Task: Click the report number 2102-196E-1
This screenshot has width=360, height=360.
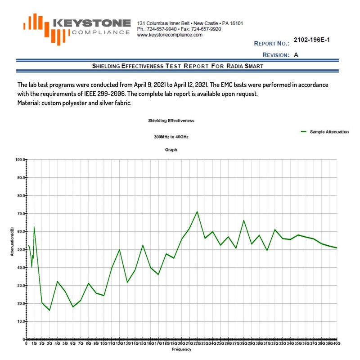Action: (311, 40)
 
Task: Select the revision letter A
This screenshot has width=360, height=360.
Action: (296, 54)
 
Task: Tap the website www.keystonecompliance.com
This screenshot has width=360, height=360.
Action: (169, 35)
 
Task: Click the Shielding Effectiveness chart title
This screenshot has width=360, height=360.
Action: (171, 121)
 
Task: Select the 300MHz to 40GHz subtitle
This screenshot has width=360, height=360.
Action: (171, 136)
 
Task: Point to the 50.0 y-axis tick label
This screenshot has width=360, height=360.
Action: (19, 249)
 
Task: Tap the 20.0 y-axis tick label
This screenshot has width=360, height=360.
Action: (19, 303)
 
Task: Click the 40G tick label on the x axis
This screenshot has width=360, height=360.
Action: (336, 343)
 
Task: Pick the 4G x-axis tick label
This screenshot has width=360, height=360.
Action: (57, 343)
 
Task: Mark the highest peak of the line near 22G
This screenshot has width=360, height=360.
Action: (197, 211)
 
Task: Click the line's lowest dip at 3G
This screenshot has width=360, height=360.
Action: (49, 310)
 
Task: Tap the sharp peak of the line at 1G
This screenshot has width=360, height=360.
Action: (34, 227)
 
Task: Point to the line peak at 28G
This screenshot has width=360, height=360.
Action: (243, 220)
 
